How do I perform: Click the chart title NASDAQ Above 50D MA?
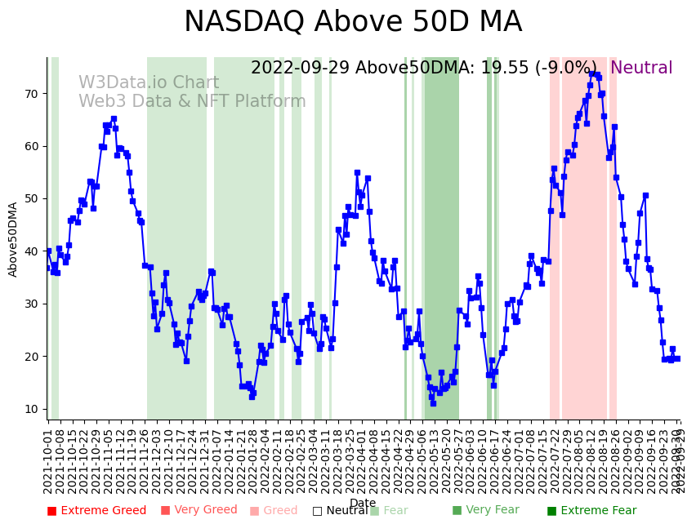(352, 23)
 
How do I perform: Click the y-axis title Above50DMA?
(13, 239)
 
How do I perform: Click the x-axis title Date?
(363, 503)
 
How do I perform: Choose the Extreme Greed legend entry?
(96, 511)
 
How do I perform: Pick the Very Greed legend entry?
(199, 511)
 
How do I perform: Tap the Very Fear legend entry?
(485, 511)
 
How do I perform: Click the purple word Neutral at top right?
(641, 69)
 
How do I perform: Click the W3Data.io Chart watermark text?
(149, 83)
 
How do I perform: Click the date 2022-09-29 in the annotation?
(300, 69)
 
